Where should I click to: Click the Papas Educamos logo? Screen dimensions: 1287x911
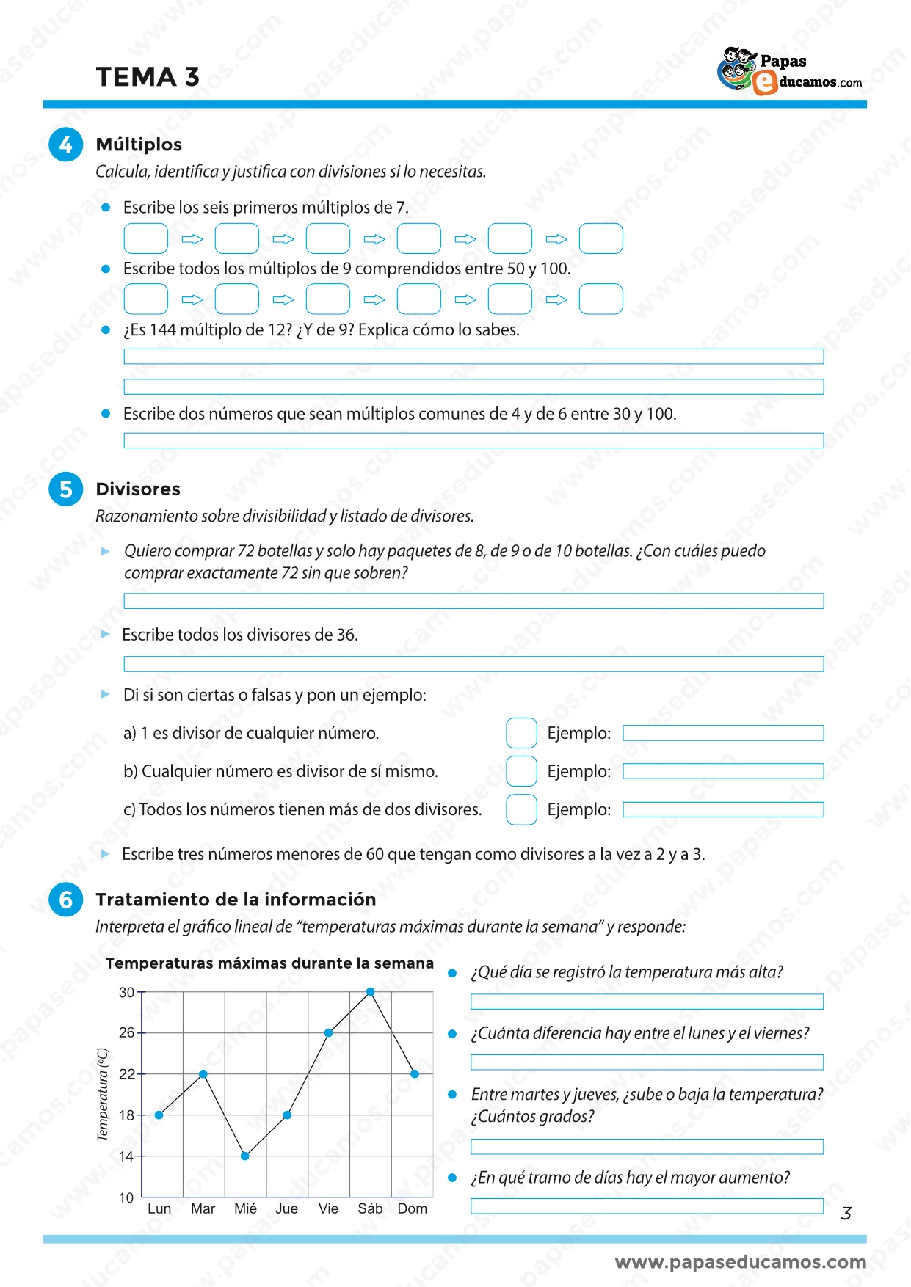point(789,71)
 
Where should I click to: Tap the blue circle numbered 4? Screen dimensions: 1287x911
point(65,145)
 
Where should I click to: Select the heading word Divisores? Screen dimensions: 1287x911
point(138,489)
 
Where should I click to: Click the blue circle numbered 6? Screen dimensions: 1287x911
point(65,900)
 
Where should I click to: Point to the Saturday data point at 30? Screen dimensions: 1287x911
point(370,992)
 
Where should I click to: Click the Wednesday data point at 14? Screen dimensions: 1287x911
point(245,1156)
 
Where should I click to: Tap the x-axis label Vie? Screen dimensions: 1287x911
point(328,1208)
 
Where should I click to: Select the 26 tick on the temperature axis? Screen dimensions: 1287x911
point(127,1032)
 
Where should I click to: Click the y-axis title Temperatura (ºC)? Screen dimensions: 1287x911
point(103,1094)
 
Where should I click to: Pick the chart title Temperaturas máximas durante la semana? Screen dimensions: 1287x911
point(269,963)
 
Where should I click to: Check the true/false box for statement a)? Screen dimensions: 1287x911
point(521,733)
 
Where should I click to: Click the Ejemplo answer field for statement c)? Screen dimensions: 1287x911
point(723,809)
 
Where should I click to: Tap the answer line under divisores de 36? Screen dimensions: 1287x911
point(473,664)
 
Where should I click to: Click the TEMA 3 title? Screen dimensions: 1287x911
point(148,77)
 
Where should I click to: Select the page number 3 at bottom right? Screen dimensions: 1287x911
point(846,1214)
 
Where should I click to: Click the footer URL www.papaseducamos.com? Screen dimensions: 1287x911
point(740,1262)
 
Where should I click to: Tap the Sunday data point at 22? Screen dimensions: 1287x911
point(415,1073)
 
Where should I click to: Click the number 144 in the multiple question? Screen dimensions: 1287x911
point(163,330)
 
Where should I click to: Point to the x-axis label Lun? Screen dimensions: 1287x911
point(159,1208)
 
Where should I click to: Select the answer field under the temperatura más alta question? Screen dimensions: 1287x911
point(647,1002)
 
